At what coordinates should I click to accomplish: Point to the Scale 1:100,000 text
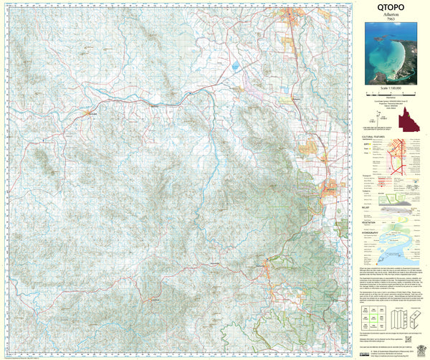click(x=393, y=89)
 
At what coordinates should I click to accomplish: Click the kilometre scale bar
click(x=393, y=95)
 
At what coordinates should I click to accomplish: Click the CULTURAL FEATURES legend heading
click(x=373, y=133)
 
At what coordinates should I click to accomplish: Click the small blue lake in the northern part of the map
click(x=235, y=67)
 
